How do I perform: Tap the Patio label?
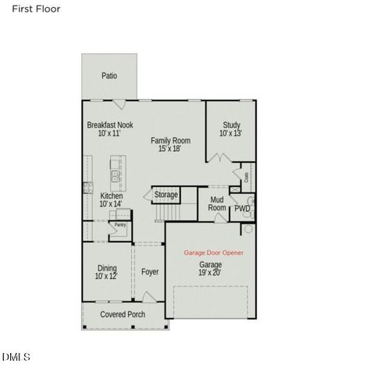109,76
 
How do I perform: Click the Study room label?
230,124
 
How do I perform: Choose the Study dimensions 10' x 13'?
230,133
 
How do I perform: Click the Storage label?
165,195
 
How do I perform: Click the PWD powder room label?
242,209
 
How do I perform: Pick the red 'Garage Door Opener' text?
213,253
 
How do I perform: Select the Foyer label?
150,272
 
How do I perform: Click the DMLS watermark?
16,357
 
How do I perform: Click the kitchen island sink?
116,175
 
